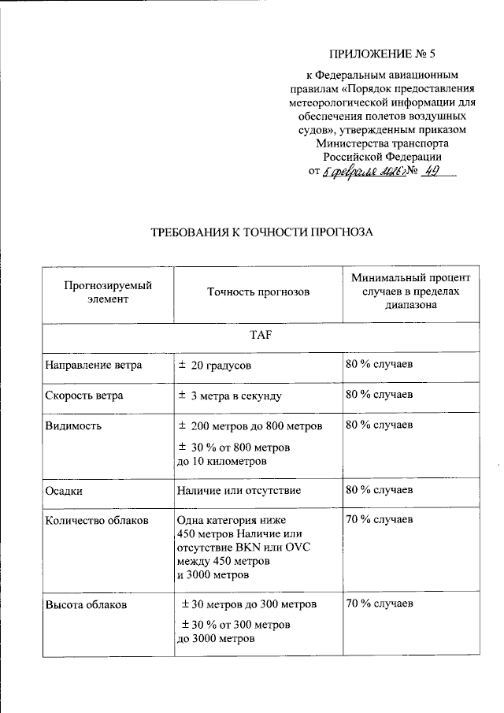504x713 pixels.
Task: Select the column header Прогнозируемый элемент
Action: point(108,292)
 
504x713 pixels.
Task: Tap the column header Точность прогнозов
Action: point(258,292)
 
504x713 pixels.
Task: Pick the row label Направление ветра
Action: point(83,366)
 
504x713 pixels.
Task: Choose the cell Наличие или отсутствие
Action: point(239,490)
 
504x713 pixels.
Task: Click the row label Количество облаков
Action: point(97,520)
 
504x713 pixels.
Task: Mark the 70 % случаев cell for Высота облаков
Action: point(379,605)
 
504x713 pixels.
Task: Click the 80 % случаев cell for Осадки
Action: point(379,490)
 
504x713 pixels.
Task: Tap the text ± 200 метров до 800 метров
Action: point(250,426)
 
